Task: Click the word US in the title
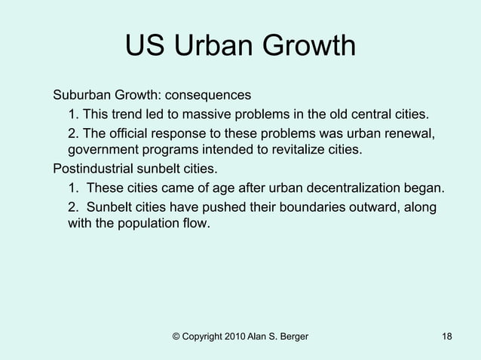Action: pyautogui.click(x=145, y=47)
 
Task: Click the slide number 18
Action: pyautogui.click(x=447, y=335)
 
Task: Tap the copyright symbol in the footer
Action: pyautogui.click(x=176, y=335)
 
